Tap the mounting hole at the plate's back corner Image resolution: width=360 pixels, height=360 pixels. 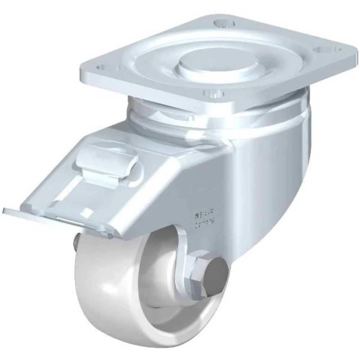224,23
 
